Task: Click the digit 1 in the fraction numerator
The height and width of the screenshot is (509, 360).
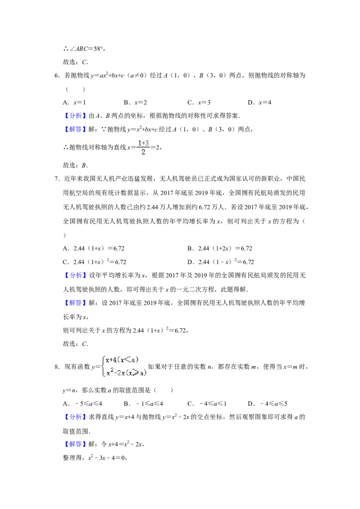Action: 139,143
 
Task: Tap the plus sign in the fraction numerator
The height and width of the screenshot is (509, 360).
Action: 143,143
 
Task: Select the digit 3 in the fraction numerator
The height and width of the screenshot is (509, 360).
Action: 147,143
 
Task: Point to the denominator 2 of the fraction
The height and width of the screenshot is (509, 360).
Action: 143,152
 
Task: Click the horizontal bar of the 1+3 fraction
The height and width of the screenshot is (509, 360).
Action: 143,147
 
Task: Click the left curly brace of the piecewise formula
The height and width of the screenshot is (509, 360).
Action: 103,365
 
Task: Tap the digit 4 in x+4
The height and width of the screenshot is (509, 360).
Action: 114,359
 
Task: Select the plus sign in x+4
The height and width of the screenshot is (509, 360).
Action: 111,359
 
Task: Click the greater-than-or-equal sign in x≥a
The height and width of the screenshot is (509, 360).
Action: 137,373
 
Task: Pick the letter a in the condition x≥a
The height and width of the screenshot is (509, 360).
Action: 143,373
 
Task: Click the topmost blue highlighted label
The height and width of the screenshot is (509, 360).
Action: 75,116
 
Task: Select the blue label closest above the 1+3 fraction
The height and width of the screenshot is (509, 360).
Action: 75,129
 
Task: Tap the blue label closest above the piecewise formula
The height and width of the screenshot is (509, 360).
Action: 75,303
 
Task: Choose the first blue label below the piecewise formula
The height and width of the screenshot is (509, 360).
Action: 75,417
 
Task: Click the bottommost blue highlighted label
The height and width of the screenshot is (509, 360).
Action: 75,445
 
